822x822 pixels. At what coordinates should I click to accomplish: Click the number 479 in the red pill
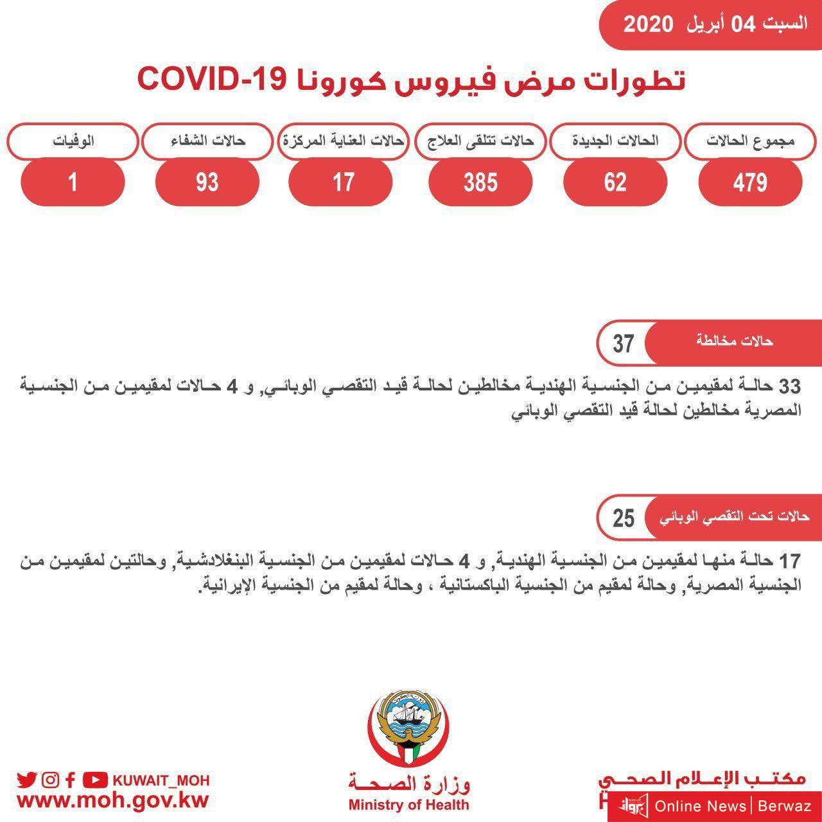[749, 182]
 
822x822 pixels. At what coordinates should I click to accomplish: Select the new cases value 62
[615, 182]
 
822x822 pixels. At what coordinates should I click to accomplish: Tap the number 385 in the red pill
[480, 182]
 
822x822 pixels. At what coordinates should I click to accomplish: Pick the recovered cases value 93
[207, 182]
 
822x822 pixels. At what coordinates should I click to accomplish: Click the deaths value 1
[73, 182]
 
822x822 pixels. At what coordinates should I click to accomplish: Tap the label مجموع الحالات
[750, 141]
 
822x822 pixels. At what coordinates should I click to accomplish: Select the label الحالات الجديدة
[615, 141]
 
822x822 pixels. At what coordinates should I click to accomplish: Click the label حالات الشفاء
[207, 141]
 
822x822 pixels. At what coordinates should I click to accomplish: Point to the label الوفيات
[73, 141]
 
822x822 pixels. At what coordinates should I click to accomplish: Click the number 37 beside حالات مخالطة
[623, 344]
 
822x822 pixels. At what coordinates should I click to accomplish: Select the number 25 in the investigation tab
[623, 518]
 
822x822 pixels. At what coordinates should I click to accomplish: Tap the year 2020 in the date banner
[648, 24]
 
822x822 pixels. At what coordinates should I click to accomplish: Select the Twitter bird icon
[26, 780]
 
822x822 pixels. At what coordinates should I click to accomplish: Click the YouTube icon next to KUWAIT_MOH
[95, 780]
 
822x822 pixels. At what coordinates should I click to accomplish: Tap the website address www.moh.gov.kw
[113, 801]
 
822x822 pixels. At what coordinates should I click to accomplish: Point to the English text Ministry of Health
[408, 805]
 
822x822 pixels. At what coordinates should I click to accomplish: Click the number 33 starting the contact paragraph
[789, 386]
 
